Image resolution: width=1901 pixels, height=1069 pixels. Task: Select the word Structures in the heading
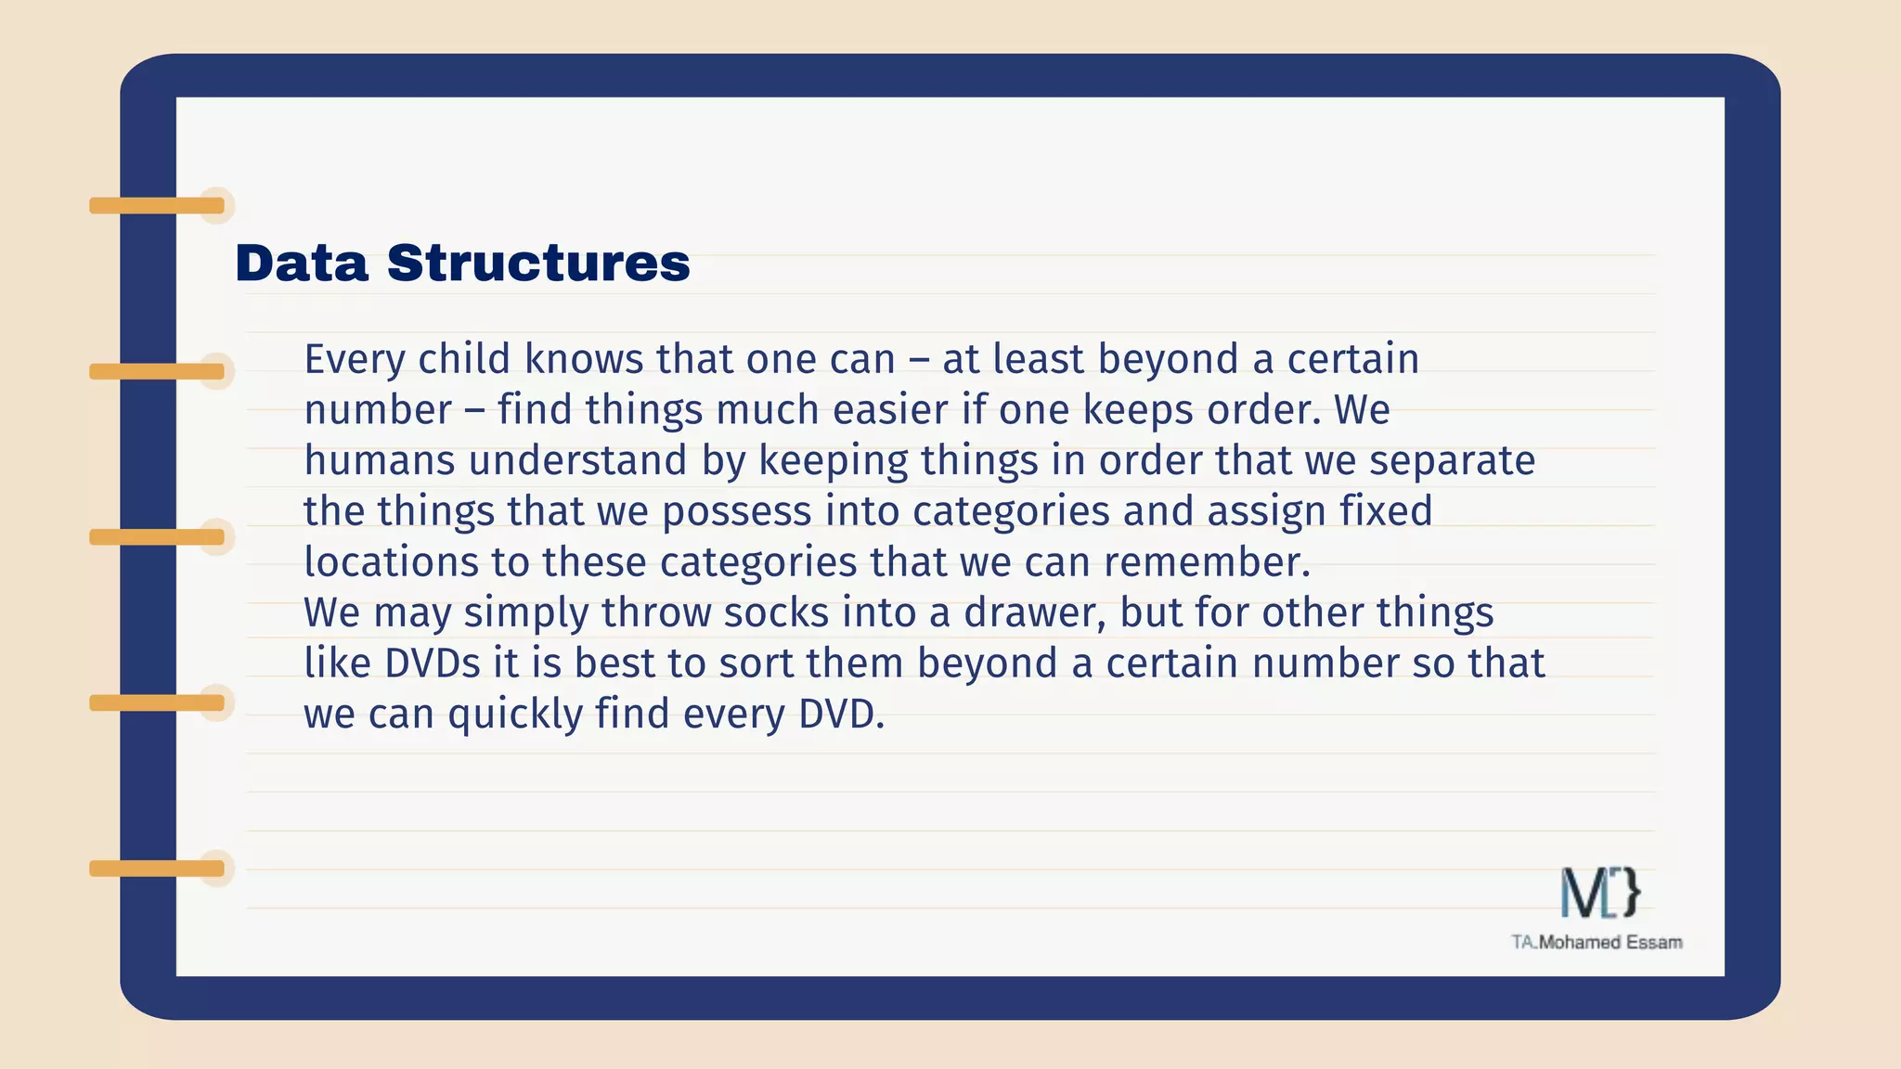pos(538,264)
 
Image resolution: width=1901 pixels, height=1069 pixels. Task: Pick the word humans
pos(380,461)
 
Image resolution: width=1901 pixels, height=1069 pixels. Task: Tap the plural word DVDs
pos(433,664)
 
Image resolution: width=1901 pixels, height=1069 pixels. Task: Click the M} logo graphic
pos(1600,893)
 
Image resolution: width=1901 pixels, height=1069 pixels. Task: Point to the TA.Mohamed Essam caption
pos(1597,943)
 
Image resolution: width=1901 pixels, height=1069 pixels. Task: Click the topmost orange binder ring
pos(157,206)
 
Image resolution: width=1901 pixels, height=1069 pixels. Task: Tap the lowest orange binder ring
pos(157,869)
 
